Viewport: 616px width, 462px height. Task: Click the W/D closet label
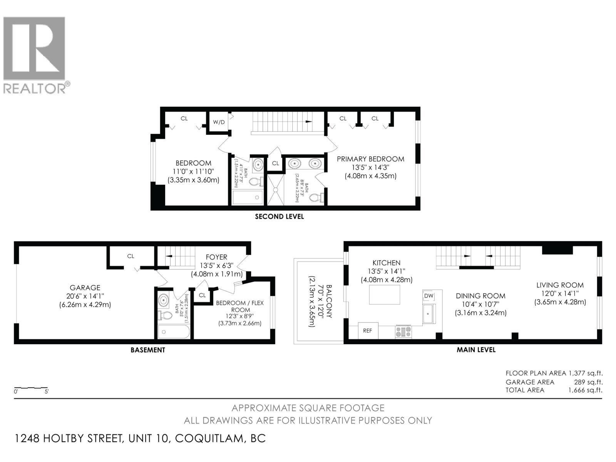[x=219, y=122]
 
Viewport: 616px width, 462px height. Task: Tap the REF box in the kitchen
[x=368, y=331]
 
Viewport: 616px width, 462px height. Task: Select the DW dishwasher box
[x=429, y=296]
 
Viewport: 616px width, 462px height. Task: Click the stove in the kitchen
[x=403, y=332]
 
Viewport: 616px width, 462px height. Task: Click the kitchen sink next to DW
[x=429, y=314]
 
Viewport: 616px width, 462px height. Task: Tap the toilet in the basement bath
[x=166, y=316]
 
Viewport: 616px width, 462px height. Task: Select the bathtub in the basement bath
[x=174, y=332]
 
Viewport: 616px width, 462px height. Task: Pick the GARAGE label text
[x=85, y=288]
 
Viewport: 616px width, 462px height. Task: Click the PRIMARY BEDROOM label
[x=370, y=159]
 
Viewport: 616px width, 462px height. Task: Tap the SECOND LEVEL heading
[x=279, y=217]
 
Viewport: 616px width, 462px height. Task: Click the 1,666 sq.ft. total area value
[x=585, y=390]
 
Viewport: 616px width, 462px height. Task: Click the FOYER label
[x=216, y=257]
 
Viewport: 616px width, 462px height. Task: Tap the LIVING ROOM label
[x=560, y=285]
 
